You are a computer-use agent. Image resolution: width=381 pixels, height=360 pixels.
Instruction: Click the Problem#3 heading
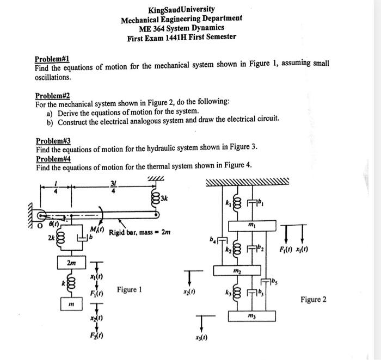click(53, 140)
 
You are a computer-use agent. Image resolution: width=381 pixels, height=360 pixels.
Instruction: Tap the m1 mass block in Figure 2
click(251, 224)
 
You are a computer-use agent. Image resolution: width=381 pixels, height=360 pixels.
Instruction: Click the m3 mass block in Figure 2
click(251, 316)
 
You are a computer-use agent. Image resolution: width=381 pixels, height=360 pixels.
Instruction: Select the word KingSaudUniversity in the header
click(182, 9)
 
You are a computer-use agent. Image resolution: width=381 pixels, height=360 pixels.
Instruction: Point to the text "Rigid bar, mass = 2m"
click(140, 233)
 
